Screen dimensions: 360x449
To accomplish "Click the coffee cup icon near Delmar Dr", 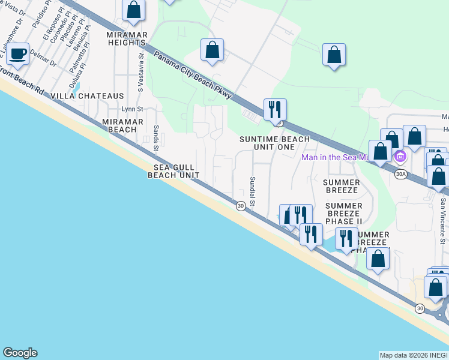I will coord(17,54).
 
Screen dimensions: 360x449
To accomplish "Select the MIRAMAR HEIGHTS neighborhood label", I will coord(126,39).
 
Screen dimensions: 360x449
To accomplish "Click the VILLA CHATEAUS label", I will coord(88,96).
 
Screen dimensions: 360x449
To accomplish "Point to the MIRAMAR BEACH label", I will coord(123,125).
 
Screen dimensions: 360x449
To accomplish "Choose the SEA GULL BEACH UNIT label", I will coord(174,171).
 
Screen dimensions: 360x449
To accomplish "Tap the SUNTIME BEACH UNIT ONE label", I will coord(275,143).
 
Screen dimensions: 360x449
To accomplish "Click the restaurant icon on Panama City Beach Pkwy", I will coord(275,109).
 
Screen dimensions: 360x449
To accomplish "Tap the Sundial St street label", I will coord(253,191).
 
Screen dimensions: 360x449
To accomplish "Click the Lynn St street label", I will coord(132,109).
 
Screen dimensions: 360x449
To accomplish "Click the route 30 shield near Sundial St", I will coord(240,206).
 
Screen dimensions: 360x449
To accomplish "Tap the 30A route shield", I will coord(401,174).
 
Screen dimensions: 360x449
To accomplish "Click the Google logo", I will coord(20,353).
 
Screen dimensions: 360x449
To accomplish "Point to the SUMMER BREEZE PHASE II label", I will coord(344,214).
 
